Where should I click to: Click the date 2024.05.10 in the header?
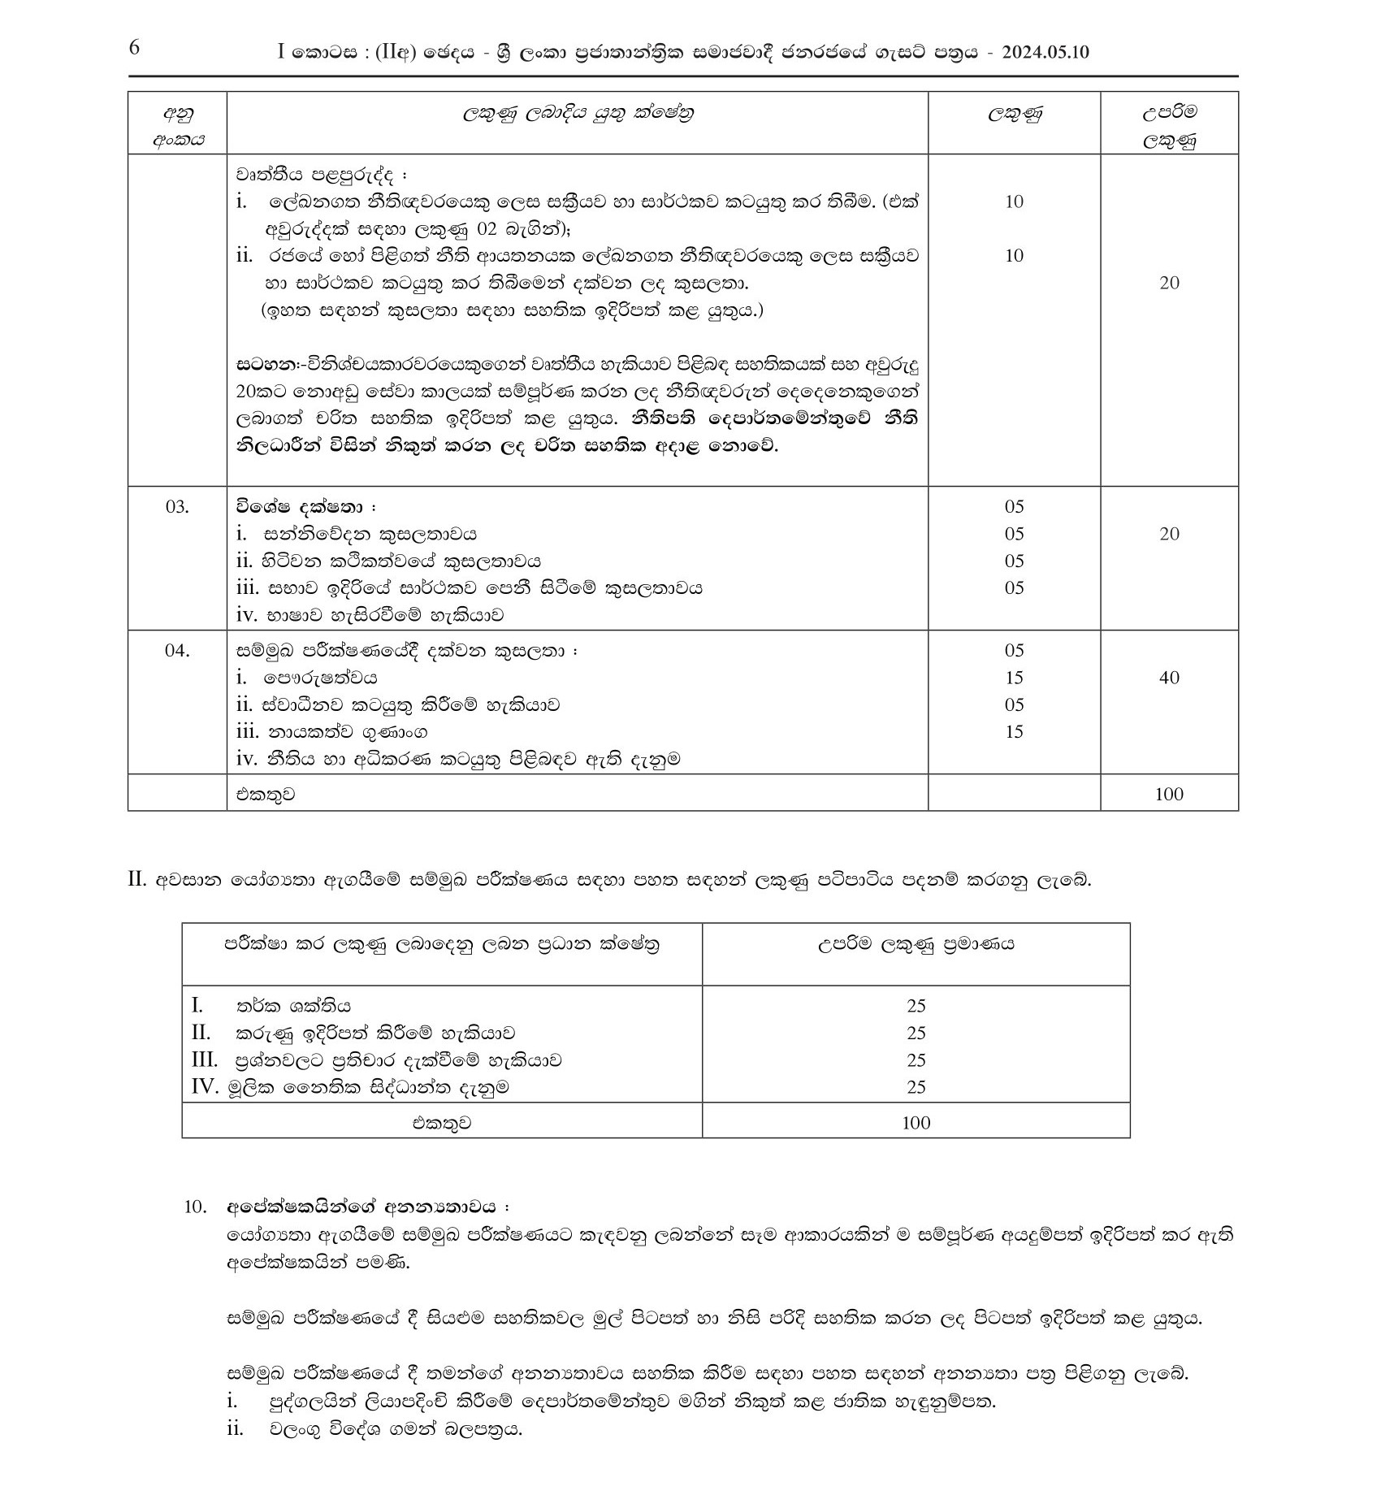[1045, 53]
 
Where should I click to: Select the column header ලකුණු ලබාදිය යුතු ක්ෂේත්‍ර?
[578, 113]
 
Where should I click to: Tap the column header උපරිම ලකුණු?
[1169, 126]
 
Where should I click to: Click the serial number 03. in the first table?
[177, 507]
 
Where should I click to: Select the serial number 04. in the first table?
[177, 651]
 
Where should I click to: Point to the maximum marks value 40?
[1169, 678]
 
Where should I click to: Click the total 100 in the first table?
[1169, 794]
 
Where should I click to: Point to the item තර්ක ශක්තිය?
[294, 1006]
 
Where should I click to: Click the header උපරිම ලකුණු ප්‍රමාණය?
[916, 944]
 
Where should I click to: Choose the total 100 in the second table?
[916, 1123]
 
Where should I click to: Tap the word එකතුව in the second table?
[441, 1123]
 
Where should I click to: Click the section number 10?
[196, 1207]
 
